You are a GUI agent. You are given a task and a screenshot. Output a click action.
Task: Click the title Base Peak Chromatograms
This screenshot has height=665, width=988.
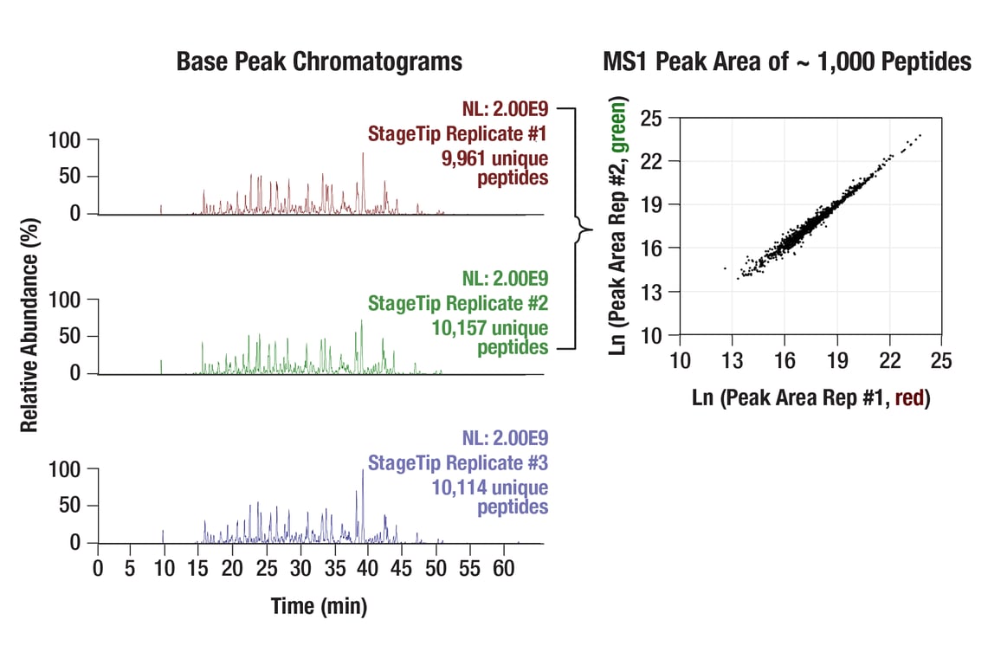[319, 62]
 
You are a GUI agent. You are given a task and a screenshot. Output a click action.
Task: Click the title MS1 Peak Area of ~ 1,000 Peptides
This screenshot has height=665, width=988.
[787, 62]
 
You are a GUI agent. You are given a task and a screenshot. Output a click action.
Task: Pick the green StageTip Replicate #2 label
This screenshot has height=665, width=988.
[458, 304]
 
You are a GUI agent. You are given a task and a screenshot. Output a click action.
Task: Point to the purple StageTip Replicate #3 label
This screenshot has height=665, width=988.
[458, 462]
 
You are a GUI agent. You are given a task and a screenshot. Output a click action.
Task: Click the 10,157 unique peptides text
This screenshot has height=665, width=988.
[490, 338]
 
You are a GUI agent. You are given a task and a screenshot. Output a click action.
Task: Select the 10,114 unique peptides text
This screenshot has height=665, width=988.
[490, 497]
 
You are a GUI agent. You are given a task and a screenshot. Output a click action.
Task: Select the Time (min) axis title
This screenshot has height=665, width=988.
[319, 606]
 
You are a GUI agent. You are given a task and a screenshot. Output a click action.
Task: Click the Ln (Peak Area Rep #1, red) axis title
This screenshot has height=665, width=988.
[811, 399]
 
